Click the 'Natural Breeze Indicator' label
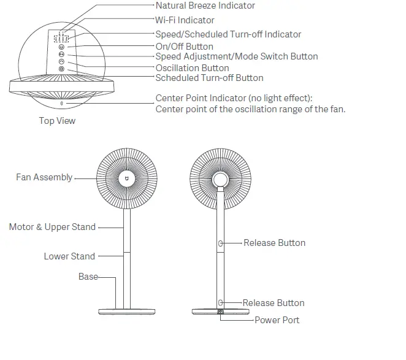(x=205, y=6)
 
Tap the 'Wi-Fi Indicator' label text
(x=185, y=20)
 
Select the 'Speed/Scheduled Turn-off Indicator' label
(x=228, y=34)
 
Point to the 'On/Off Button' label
(x=184, y=47)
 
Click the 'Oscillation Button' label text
(x=192, y=68)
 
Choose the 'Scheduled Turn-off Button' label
(x=209, y=78)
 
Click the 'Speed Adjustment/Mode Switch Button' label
(x=236, y=56)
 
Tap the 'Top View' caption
(x=57, y=121)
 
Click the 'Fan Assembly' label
(x=44, y=177)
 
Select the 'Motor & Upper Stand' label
(x=52, y=227)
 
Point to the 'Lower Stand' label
(x=69, y=256)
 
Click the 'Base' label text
(x=88, y=277)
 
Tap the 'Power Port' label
(x=277, y=320)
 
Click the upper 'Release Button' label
(x=274, y=243)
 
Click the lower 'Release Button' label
(x=274, y=303)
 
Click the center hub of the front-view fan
(x=126, y=178)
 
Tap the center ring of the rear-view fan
(x=220, y=179)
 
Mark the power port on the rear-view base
(x=220, y=312)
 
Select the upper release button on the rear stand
(x=220, y=243)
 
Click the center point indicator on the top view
(x=61, y=104)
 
